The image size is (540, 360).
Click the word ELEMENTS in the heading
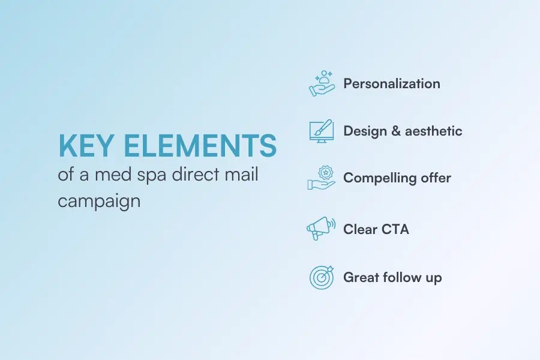coord(203,146)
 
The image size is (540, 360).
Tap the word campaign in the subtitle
coord(99,200)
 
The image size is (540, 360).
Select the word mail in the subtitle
coord(242,176)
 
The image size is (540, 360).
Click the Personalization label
coord(391,83)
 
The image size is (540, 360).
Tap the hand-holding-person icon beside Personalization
coord(322,83)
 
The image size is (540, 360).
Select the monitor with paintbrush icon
coord(322,130)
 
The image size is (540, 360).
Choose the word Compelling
coord(379,178)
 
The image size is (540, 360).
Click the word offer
coord(436,178)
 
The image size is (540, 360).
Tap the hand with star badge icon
coord(322,178)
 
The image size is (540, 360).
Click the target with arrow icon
coord(322,277)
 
